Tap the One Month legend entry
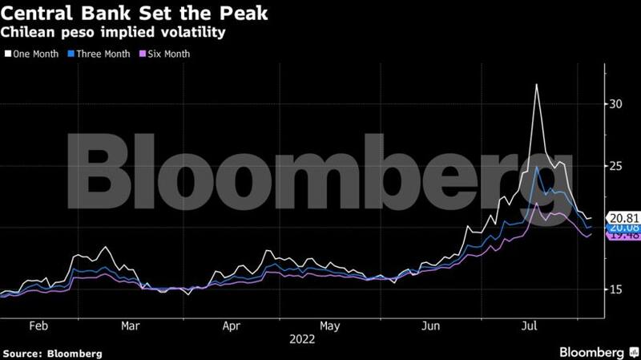[x=33, y=54]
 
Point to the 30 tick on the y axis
[x=615, y=104]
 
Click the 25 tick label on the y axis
[x=615, y=166]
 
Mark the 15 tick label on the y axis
[x=615, y=289]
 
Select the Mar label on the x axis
[x=131, y=326]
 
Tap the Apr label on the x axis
[x=231, y=326]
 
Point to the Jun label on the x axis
[x=431, y=326]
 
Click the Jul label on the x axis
[x=530, y=326]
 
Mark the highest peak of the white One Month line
[x=536, y=84]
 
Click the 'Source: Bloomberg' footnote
[x=53, y=353]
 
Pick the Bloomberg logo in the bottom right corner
[x=590, y=352]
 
